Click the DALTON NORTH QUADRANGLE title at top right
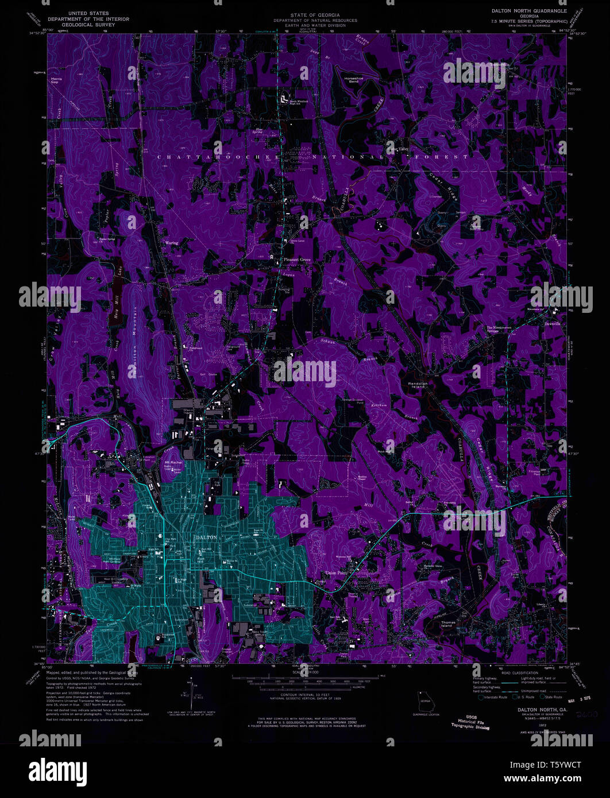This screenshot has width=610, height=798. point(528,11)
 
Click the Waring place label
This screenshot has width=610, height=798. point(172,243)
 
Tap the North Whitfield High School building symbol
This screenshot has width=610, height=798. point(284,99)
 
